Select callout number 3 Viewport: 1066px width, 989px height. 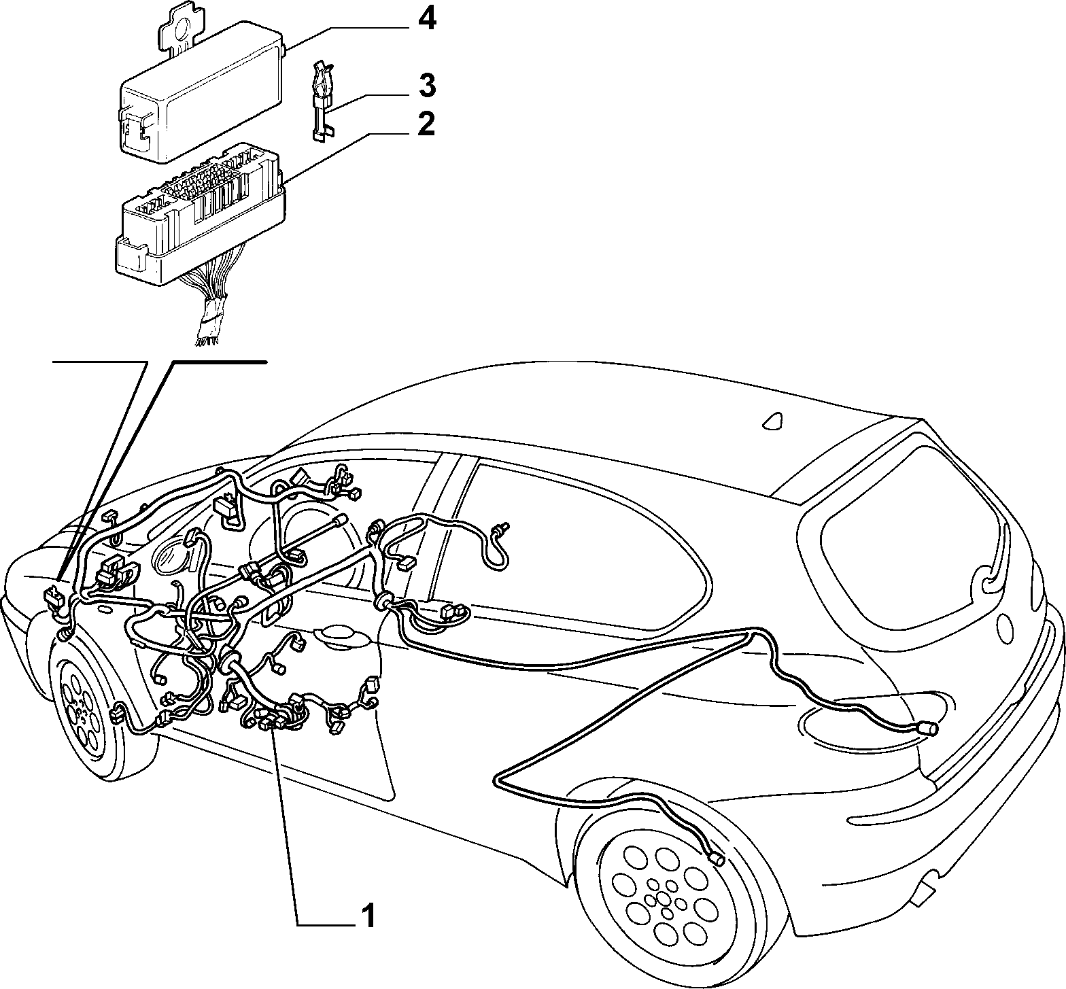(x=426, y=86)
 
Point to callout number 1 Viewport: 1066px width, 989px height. (x=368, y=916)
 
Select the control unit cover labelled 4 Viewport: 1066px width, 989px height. (x=203, y=88)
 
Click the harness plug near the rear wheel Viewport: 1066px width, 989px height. (x=716, y=859)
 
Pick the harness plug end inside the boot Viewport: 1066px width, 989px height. (x=927, y=729)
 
